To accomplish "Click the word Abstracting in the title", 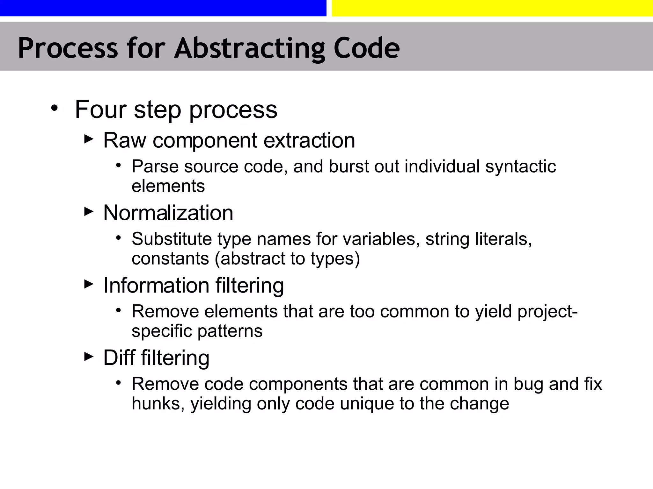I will (249, 48).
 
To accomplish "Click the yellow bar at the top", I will (492, 8).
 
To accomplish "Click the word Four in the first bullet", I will (101, 110).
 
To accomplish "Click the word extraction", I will (309, 140).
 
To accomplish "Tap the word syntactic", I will (520, 167).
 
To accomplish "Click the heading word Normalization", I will (168, 213).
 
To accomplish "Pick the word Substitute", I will (172, 239).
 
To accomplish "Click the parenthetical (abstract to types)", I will (287, 259).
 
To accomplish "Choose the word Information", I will (156, 285).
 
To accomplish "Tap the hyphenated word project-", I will (547, 312).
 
